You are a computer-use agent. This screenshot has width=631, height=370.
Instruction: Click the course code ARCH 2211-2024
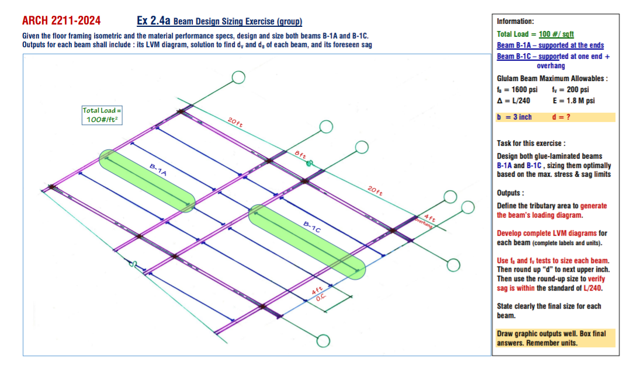61,21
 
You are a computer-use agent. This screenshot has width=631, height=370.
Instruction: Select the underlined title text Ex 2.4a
153,21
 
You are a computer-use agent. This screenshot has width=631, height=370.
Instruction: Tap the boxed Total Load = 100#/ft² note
102,114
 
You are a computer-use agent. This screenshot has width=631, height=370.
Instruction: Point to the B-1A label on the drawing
158,170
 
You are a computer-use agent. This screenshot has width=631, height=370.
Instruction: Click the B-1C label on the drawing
311,227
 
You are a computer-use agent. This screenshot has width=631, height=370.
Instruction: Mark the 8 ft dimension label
301,155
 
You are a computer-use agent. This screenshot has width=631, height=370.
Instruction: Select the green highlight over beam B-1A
147,180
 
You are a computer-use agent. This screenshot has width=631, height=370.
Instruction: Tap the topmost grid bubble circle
238,78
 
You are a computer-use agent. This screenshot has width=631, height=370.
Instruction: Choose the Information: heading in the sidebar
515,21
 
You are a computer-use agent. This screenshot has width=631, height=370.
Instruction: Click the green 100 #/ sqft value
557,34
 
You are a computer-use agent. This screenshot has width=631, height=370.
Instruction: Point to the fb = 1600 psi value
516,89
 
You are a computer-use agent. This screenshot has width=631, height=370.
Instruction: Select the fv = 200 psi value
570,89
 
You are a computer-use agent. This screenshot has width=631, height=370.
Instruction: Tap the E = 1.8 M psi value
573,100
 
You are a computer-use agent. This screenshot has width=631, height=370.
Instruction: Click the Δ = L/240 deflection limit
514,100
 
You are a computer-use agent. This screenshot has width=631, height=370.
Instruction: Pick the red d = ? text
561,117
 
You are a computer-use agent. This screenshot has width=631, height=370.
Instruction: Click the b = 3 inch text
514,117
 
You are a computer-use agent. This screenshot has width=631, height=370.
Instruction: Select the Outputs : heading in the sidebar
510,193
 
